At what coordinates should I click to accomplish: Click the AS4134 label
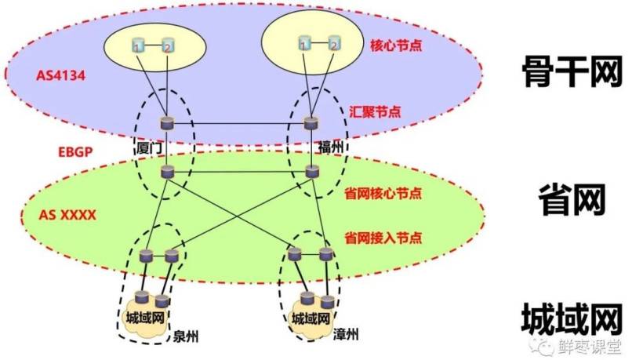(x=61, y=76)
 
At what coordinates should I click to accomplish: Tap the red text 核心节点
(x=396, y=45)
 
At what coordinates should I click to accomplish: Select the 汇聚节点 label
(x=375, y=111)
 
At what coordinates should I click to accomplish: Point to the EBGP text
(x=75, y=152)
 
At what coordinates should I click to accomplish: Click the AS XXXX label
(x=67, y=215)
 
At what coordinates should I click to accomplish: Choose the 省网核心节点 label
(x=383, y=194)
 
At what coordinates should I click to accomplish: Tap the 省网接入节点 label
(x=383, y=238)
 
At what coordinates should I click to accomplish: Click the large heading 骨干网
(x=572, y=71)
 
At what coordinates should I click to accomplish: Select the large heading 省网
(x=572, y=200)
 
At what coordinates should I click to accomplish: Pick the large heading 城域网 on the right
(x=572, y=318)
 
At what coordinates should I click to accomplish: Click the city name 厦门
(x=149, y=147)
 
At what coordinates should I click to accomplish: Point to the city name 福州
(x=331, y=147)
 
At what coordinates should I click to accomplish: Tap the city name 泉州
(x=186, y=336)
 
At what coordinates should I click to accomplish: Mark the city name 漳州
(x=346, y=334)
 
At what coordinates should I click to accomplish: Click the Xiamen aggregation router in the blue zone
(x=167, y=123)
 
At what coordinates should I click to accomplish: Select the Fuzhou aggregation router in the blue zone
(x=311, y=122)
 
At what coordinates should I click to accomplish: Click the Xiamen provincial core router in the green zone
(x=167, y=172)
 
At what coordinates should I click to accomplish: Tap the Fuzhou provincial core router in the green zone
(x=312, y=171)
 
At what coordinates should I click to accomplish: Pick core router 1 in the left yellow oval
(x=138, y=45)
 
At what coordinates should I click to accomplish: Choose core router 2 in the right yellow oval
(x=335, y=43)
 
